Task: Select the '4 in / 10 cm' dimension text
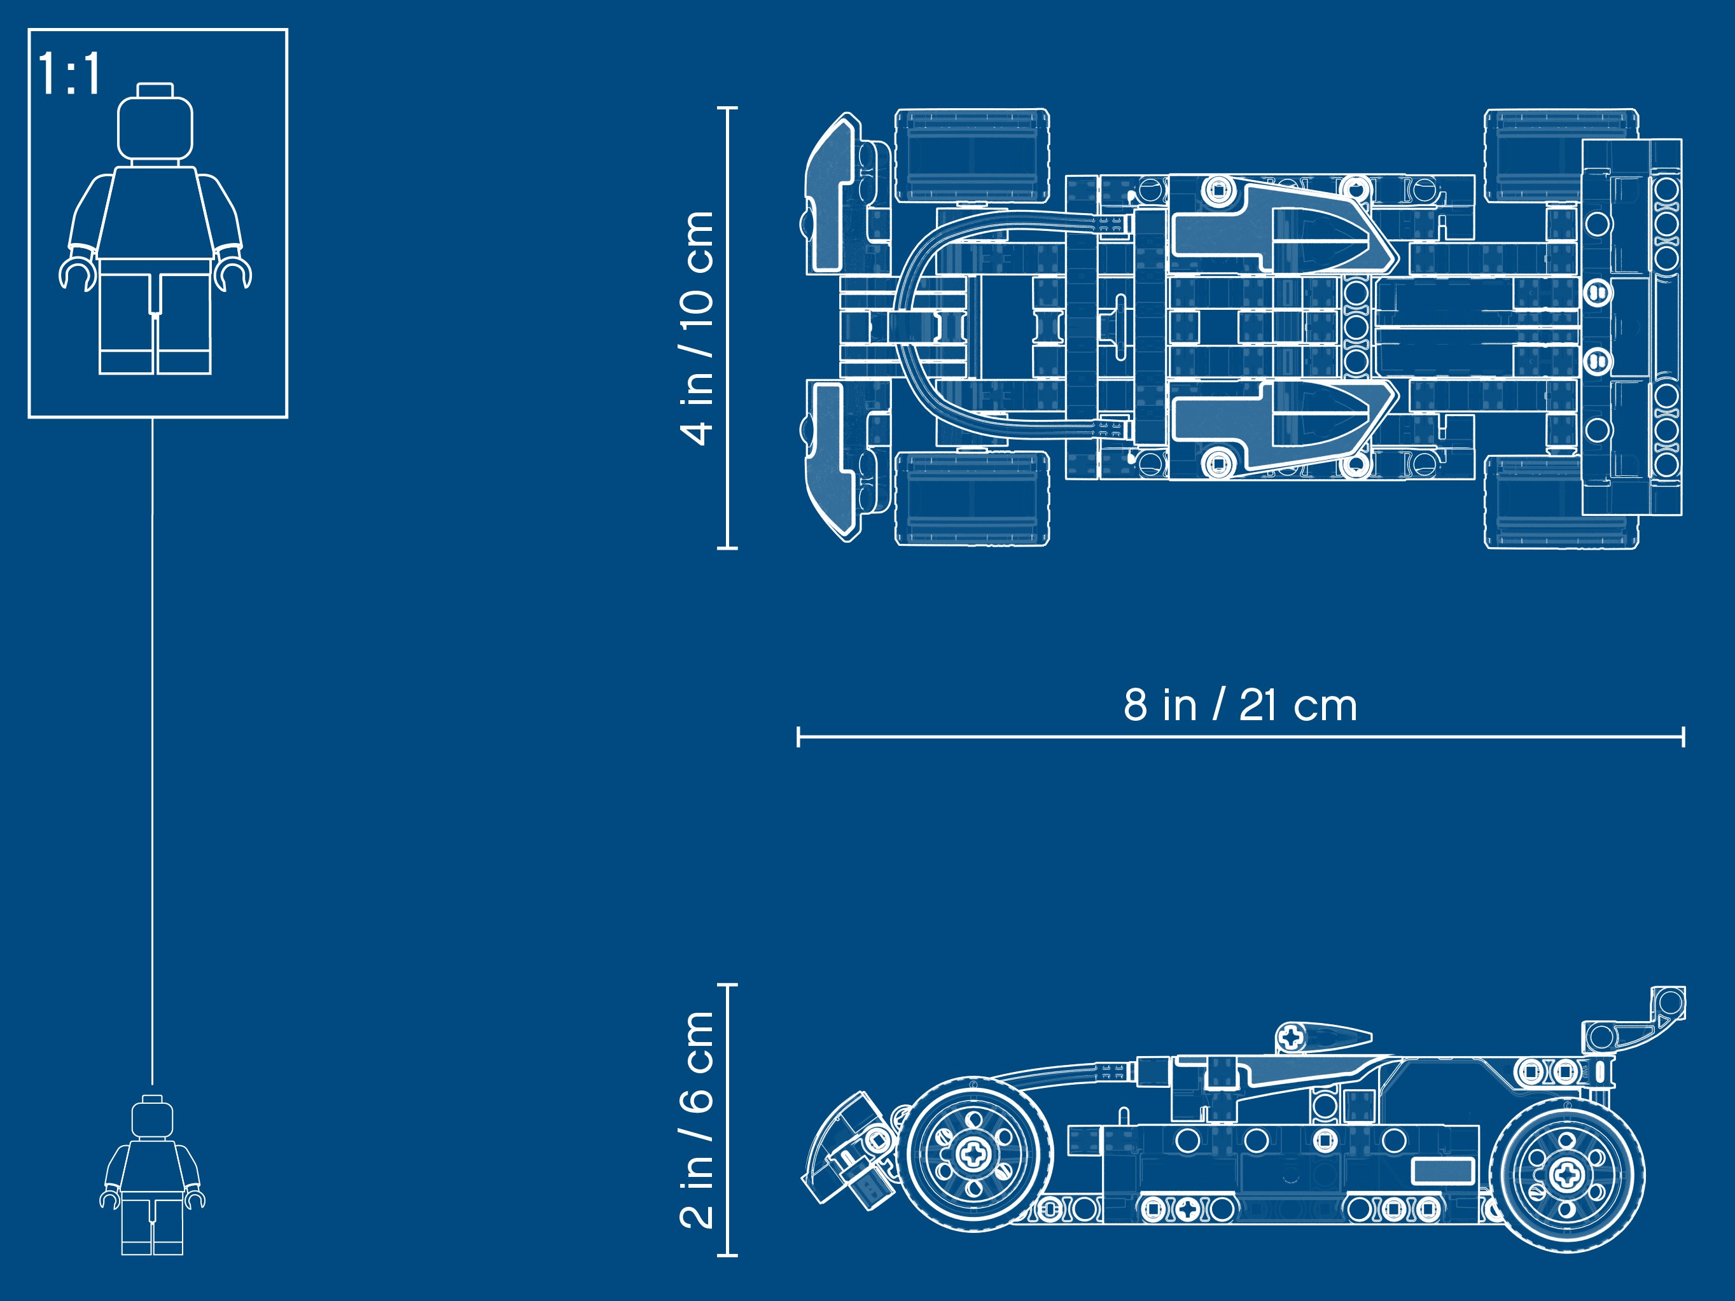pyautogui.click(x=697, y=328)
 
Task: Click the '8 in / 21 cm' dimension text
pyautogui.click(x=1240, y=705)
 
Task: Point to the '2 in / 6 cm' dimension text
pyautogui.click(x=697, y=1119)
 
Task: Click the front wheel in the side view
pyautogui.click(x=973, y=1153)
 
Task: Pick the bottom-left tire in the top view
pyautogui.click(x=973, y=498)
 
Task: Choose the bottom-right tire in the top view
pyautogui.click(x=1561, y=502)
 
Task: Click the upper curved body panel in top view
pyautogui.click(x=1283, y=227)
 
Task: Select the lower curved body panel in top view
pyautogui.click(x=1283, y=428)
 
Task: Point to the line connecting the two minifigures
pyautogui.click(x=152, y=751)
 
